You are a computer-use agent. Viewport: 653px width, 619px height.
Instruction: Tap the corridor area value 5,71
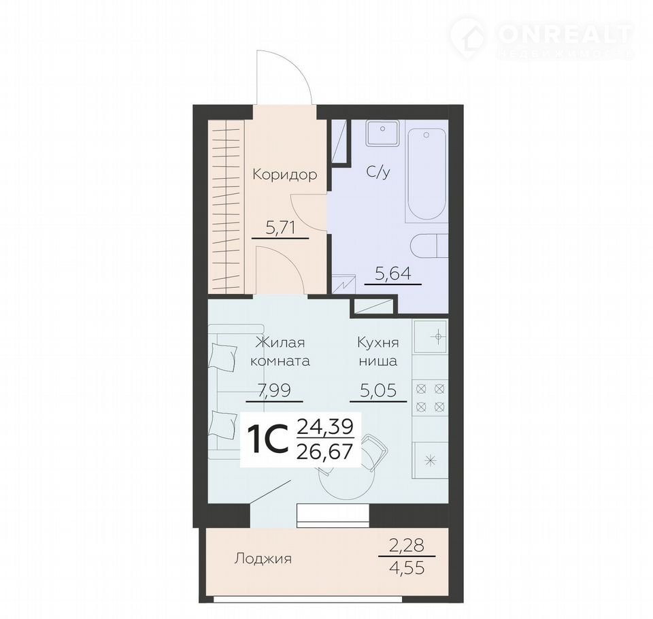280,228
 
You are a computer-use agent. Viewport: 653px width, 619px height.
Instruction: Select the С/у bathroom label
378,171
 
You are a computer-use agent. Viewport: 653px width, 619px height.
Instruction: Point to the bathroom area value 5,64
393,273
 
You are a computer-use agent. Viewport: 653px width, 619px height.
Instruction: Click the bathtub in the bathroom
426,174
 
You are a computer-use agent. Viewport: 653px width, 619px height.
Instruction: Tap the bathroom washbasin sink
382,133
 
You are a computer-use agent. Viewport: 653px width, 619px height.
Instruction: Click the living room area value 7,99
274,390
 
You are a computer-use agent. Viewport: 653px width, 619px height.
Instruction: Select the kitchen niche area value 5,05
378,390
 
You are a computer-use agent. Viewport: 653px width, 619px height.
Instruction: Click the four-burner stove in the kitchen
430,398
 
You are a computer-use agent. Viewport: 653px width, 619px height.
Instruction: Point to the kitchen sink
431,336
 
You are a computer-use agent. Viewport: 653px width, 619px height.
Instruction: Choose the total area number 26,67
325,451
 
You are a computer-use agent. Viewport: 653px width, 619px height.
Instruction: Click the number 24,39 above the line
325,426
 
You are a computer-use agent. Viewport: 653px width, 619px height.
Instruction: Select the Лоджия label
263,558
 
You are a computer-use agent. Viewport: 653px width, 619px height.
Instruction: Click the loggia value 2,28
407,545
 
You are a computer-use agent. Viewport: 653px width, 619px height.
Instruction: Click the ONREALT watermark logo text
565,34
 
